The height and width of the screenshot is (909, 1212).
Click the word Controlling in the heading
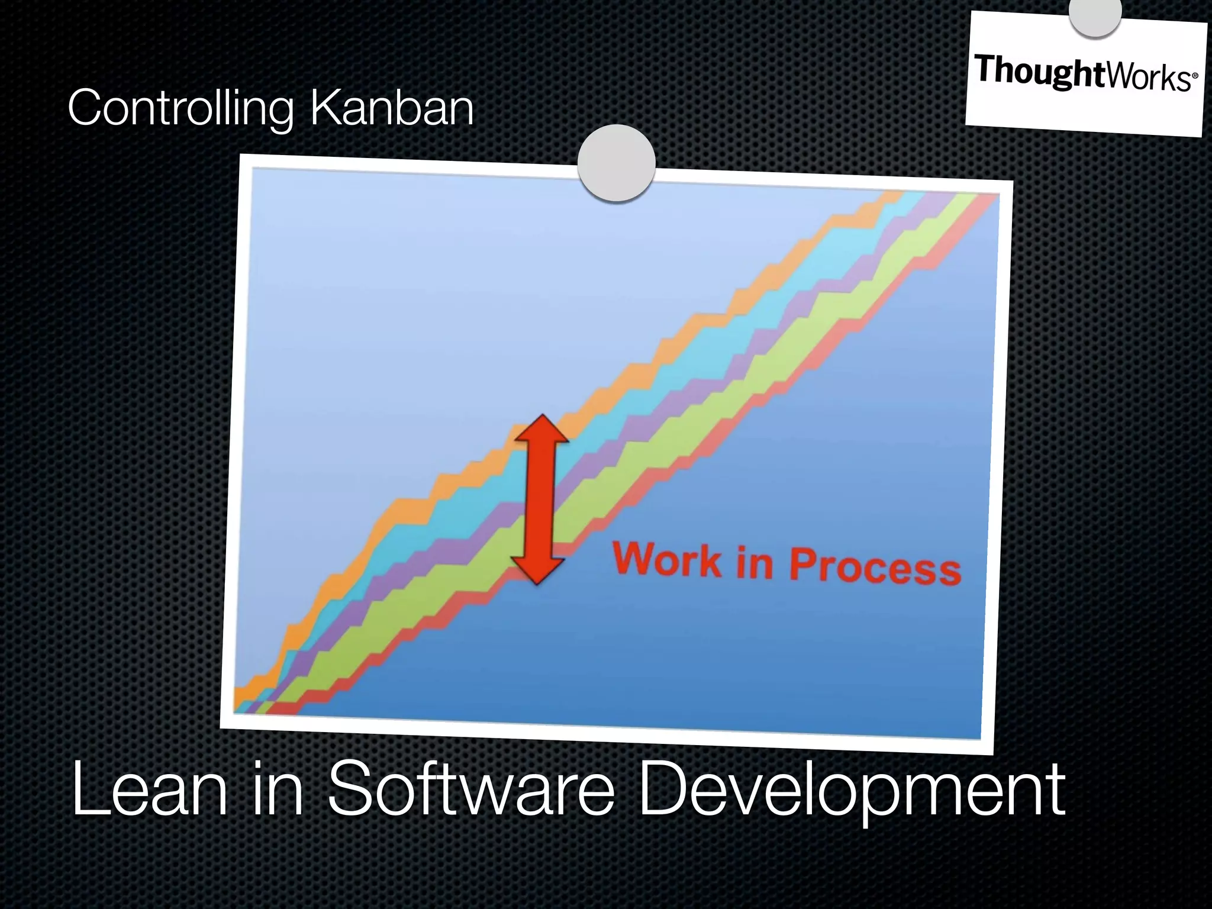tap(180, 108)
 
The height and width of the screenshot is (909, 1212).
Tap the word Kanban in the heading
tap(391, 108)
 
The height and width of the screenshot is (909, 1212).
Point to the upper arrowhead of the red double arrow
tap(541, 429)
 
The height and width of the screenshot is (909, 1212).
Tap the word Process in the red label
tap(875, 567)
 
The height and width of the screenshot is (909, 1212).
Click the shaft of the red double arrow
tap(539, 500)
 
